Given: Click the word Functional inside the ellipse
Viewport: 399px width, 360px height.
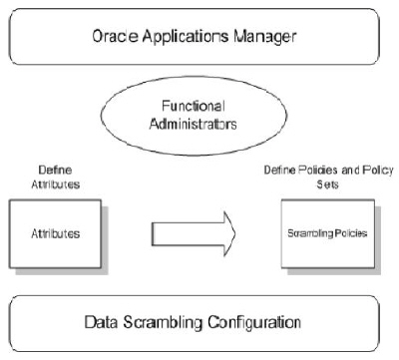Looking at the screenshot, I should pyautogui.click(x=196, y=105).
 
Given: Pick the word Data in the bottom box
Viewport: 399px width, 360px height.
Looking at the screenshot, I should pyautogui.click(x=109, y=322).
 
